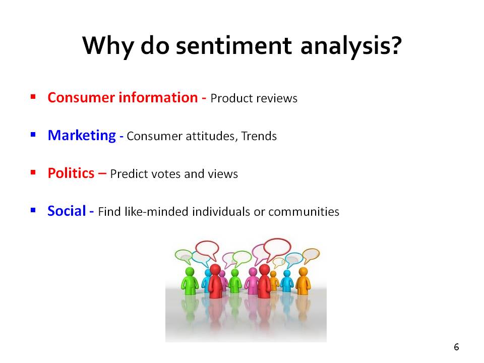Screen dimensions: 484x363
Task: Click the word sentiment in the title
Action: (233, 46)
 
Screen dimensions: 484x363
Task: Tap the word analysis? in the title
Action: (351, 46)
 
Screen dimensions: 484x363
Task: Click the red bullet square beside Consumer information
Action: (33, 97)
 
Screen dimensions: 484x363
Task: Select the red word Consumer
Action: (81, 97)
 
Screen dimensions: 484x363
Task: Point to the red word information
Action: (158, 97)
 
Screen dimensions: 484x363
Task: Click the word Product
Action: (231, 98)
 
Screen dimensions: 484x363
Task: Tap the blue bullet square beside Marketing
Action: (33, 135)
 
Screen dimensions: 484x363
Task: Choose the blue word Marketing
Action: (82, 136)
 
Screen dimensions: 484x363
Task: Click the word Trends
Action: (259, 136)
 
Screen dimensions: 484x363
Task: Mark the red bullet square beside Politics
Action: (33, 172)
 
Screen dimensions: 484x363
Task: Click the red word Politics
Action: (71, 173)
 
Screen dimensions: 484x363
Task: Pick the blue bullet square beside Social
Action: (33, 210)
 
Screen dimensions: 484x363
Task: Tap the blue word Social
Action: (67, 211)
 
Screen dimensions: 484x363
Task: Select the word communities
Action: (304, 212)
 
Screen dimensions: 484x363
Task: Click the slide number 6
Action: (457, 347)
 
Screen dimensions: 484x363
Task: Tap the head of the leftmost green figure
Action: (190, 272)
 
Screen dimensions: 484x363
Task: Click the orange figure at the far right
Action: (303, 281)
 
